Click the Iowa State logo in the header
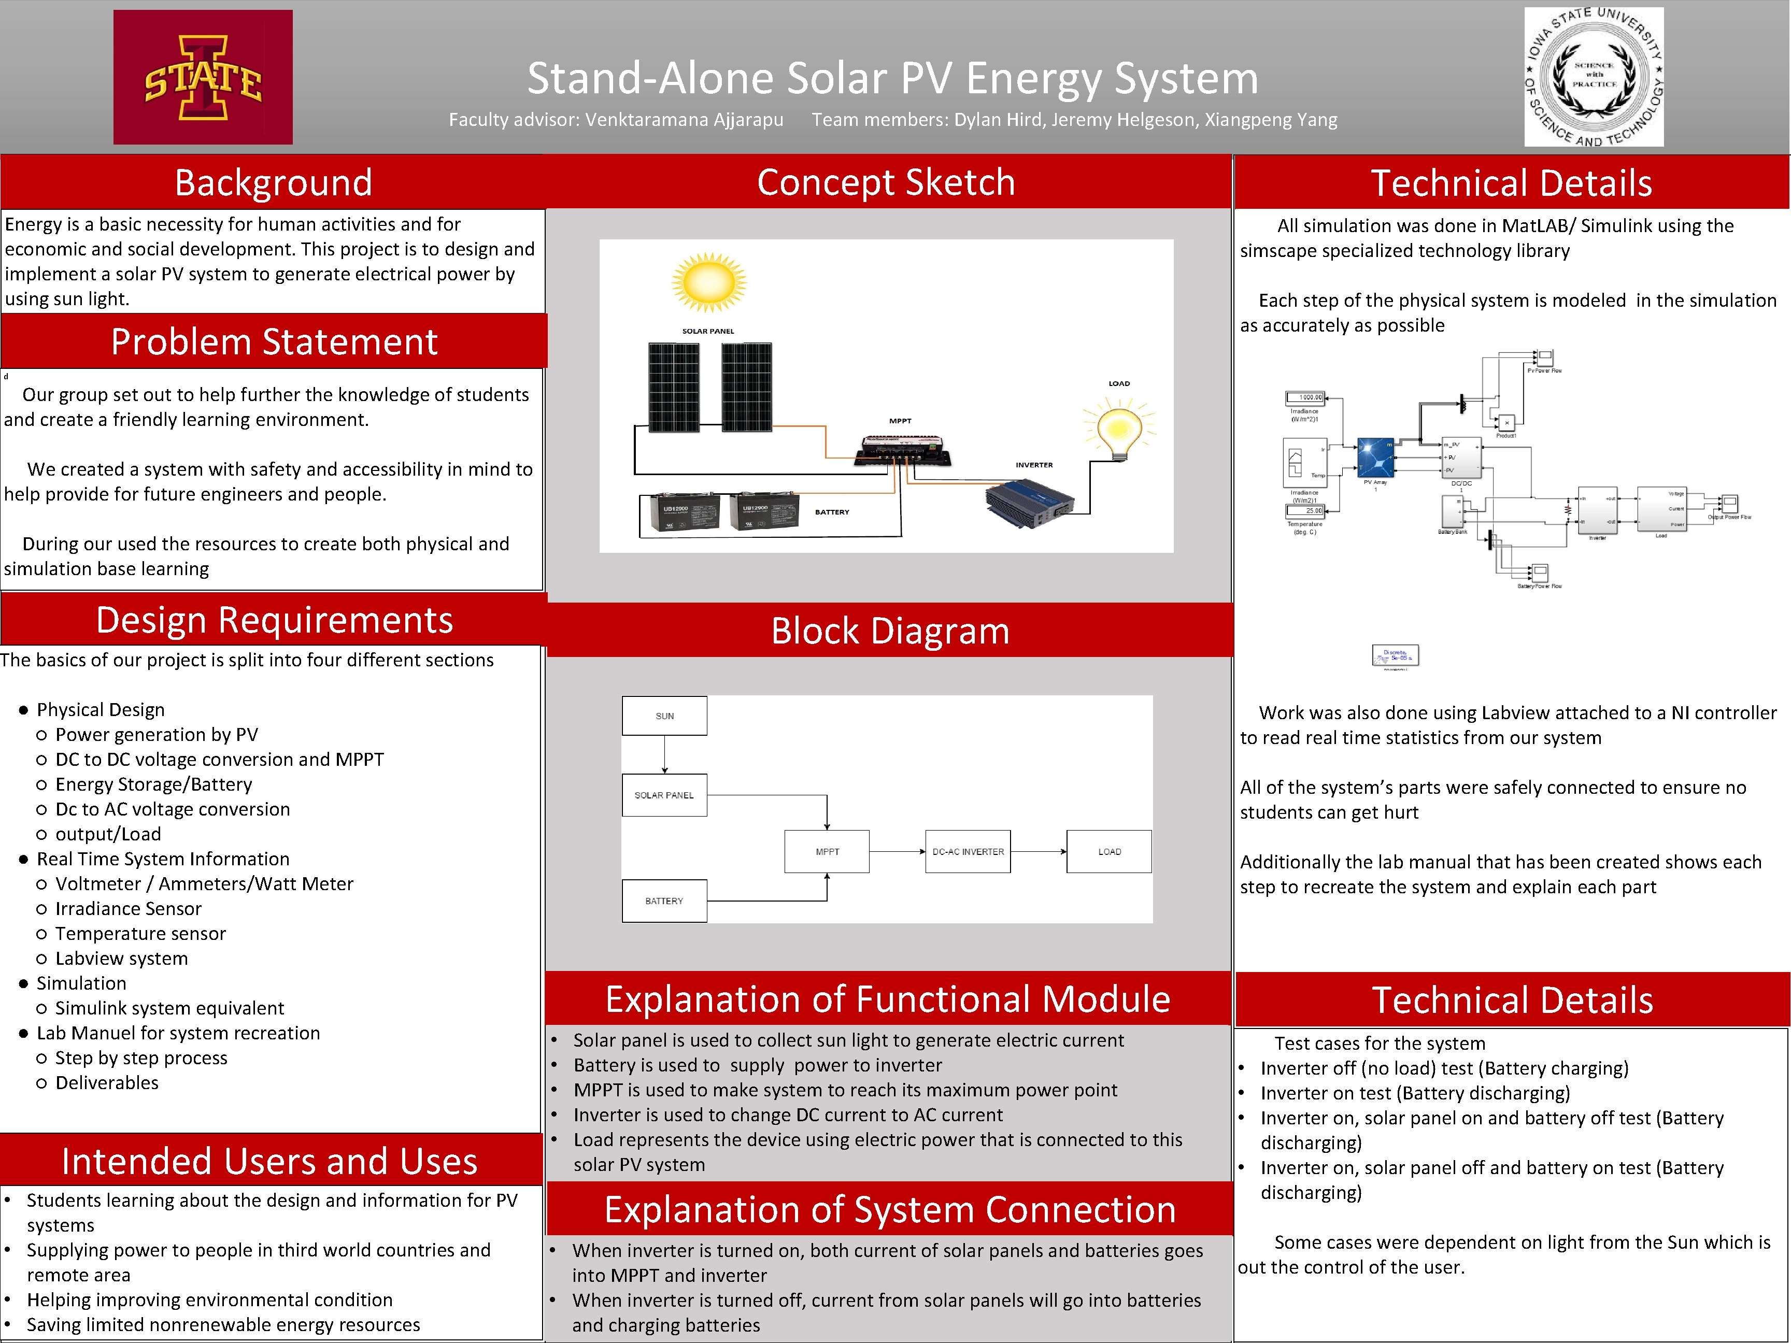click(203, 78)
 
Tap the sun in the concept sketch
click(708, 282)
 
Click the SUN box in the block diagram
click(664, 716)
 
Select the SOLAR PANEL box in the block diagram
click(664, 795)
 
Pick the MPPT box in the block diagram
click(827, 852)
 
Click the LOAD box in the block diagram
click(1108, 852)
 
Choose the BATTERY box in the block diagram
click(664, 901)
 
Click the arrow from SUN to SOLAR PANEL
click(665, 754)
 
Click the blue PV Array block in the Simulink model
click(1375, 458)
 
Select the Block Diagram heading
click(890, 631)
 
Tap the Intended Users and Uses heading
click(269, 1161)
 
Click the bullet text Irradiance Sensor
click(128, 908)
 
